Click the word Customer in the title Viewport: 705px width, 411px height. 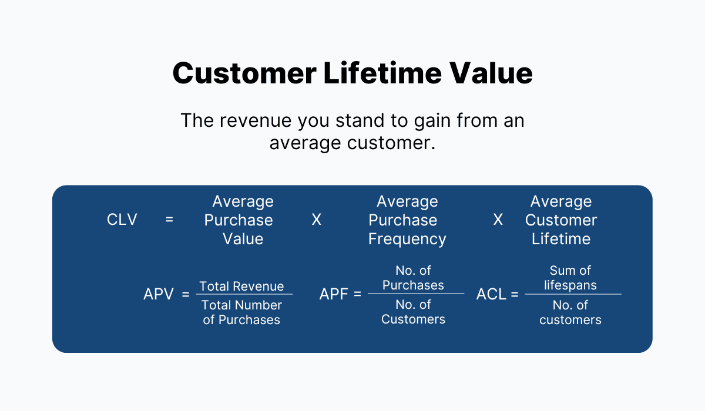coord(244,73)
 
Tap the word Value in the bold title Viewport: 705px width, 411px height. coord(491,73)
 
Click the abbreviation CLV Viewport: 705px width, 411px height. coord(122,220)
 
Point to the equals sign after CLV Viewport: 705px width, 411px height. coord(169,220)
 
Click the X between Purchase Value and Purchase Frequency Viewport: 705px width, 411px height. coord(316,220)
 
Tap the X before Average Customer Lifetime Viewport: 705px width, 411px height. coord(498,220)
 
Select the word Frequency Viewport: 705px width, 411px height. coord(407,240)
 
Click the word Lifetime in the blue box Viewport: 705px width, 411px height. coord(561,239)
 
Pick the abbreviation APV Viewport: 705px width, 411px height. coord(158,294)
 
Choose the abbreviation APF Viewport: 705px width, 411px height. coord(334,294)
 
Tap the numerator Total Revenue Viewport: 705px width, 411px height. coord(241,286)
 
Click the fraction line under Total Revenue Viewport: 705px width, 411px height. coord(244,294)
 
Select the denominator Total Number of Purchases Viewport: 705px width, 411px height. coord(241,312)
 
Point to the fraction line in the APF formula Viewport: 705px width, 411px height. coord(416,294)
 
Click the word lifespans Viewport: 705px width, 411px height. coord(570,285)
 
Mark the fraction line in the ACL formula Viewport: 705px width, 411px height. coord(573,294)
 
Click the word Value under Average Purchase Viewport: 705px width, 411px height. coord(243,239)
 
